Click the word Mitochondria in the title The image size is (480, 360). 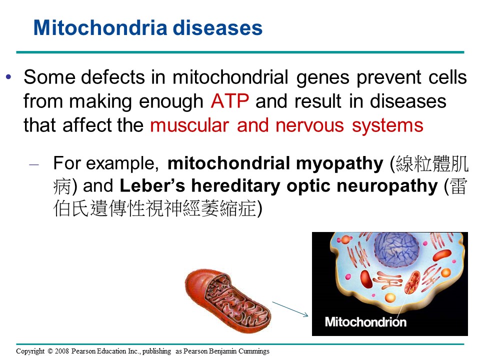click(100, 28)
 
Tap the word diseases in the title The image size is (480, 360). click(217, 28)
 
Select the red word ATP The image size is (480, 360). click(230, 101)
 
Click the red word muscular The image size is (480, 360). click(189, 125)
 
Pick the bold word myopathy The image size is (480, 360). click(339, 164)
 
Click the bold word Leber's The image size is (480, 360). click(152, 185)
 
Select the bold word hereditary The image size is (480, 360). click(235, 186)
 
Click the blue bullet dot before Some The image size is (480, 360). click(8, 76)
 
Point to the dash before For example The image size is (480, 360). click(34, 164)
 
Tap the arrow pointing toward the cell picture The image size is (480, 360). click(290, 309)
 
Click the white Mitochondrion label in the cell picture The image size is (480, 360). click(365, 322)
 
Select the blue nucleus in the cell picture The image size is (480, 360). click(396, 249)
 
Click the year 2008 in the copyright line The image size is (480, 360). click(62, 351)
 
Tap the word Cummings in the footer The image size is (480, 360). click(254, 351)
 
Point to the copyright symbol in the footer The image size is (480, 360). click(50, 351)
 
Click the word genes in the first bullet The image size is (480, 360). click(323, 77)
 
